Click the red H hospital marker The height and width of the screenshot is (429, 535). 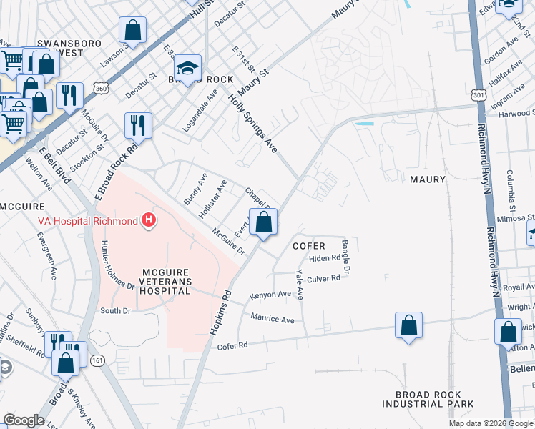pyautogui.click(x=149, y=220)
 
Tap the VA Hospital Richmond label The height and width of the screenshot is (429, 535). pyautogui.click(x=87, y=221)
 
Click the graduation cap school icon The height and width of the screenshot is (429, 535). pyautogui.click(x=188, y=68)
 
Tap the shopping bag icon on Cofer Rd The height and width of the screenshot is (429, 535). pyautogui.click(x=408, y=326)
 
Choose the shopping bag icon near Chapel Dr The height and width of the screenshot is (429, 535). pyautogui.click(x=264, y=222)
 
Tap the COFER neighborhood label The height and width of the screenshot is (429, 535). pyautogui.click(x=309, y=246)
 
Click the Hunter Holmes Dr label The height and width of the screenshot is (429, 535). pyautogui.click(x=117, y=265)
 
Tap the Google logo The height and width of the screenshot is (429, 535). pyautogui.click(x=24, y=420)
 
